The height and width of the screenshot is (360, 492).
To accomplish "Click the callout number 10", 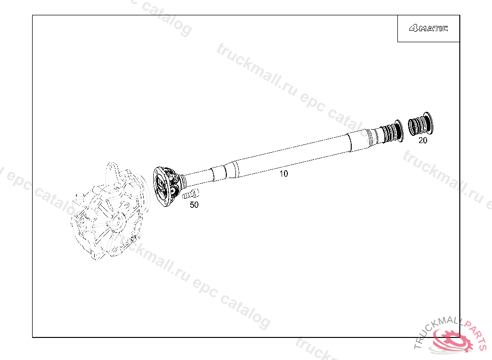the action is (x=283, y=174).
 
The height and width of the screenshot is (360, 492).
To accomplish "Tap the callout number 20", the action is (x=423, y=141).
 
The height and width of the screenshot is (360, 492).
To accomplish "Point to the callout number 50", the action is (x=194, y=205).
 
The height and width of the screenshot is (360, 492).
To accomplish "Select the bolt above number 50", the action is (x=190, y=194).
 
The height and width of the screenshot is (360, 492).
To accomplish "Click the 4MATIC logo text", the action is (x=428, y=28).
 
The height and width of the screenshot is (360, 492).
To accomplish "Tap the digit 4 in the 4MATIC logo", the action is (x=414, y=28).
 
